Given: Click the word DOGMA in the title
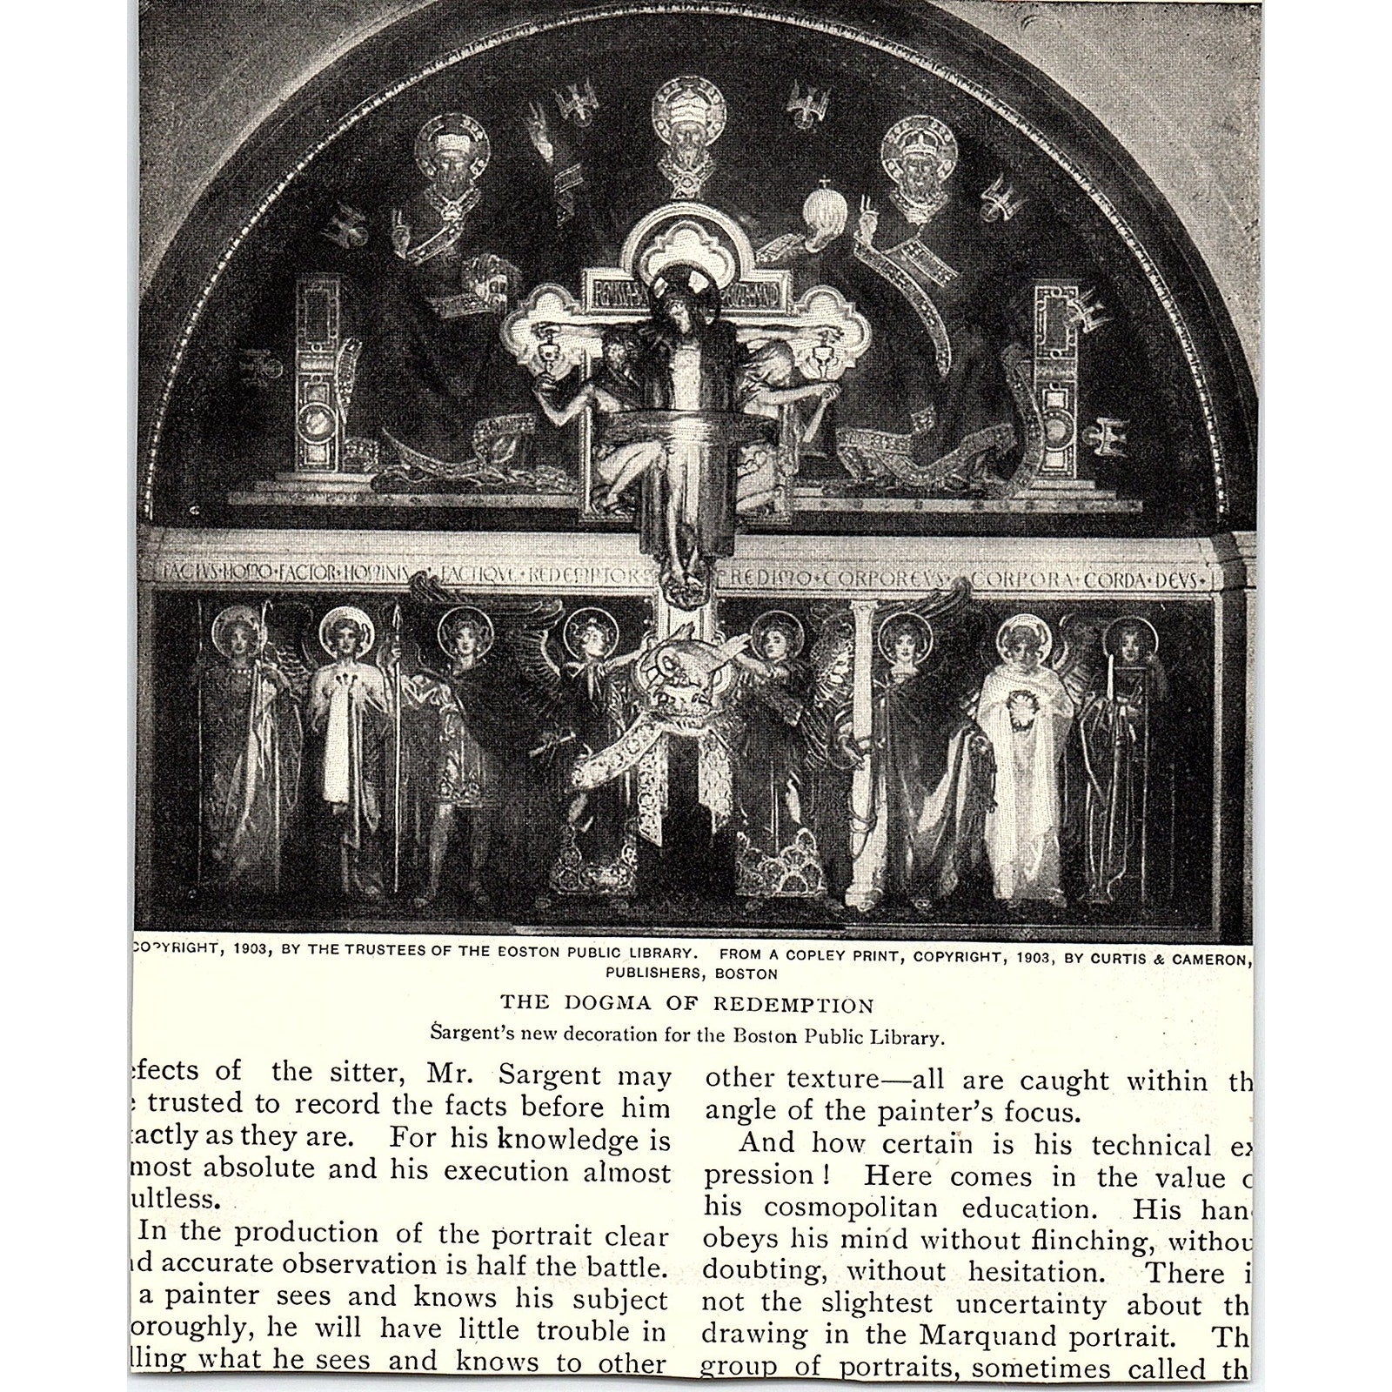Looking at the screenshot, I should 602,1006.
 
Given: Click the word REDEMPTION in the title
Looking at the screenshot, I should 793,1006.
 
